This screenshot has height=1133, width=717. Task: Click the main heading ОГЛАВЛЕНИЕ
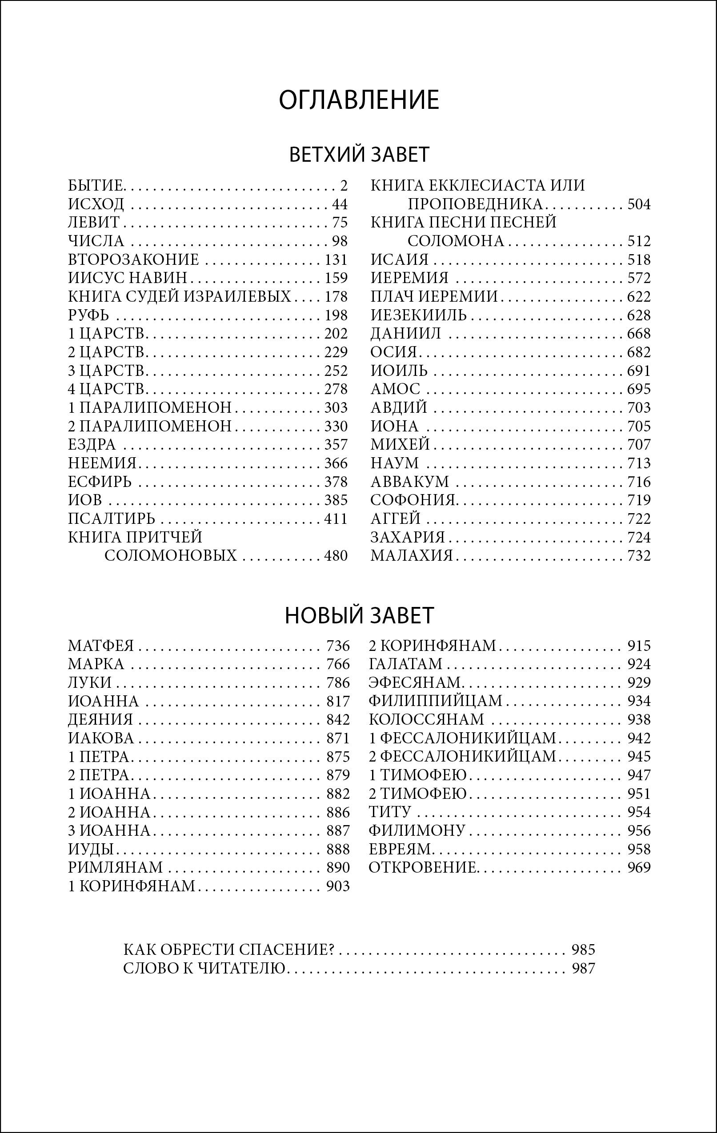(359, 100)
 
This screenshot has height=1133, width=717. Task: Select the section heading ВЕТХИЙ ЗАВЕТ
(359, 155)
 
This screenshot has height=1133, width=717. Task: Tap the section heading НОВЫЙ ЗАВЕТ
(359, 615)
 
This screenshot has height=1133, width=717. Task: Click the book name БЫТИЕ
(96, 186)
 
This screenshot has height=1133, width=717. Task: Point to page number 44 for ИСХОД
(339, 204)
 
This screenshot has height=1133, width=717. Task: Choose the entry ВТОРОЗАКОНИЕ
(133, 260)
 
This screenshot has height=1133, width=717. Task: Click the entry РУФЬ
(88, 315)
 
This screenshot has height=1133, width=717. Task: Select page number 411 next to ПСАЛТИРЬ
(336, 519)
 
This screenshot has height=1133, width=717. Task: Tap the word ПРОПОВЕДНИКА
(476, 204)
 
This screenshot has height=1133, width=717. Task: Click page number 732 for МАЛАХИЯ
(639, 556)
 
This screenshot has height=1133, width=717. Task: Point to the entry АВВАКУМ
(409, 482)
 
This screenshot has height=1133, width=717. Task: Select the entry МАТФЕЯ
(101, 646)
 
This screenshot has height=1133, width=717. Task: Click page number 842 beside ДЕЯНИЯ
(338, 719)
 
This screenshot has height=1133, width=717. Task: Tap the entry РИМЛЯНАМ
(115, 867)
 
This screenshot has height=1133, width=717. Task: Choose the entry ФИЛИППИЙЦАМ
(436, 701)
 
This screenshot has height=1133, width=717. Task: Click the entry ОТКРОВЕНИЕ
(423, 867)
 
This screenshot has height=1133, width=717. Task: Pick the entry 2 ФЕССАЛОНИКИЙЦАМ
(462, 757)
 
